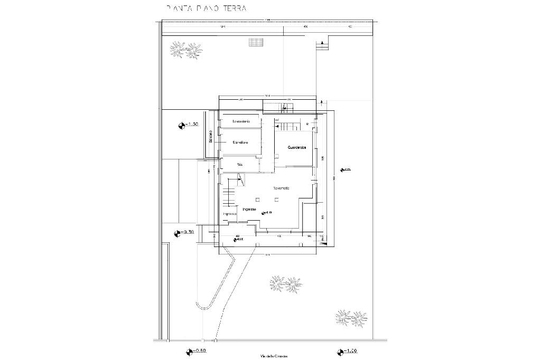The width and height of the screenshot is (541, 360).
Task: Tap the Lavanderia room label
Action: coord(241,122)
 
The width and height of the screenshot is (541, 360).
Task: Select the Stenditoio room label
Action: coord(241,143)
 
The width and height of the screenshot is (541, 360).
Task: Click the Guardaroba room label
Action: coord(297,148)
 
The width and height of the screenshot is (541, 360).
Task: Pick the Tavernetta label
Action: coord(281,188)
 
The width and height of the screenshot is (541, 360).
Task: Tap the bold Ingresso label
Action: coord(249,210)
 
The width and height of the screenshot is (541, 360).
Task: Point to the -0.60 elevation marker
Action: coord(196,351)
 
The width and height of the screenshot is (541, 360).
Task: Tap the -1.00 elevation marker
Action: coord(346,351)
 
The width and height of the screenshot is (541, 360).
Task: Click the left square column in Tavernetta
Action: coord(257,200)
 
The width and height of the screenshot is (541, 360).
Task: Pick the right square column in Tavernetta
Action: coord(278,200)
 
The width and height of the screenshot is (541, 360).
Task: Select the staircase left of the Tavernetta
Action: coord(228,196)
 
